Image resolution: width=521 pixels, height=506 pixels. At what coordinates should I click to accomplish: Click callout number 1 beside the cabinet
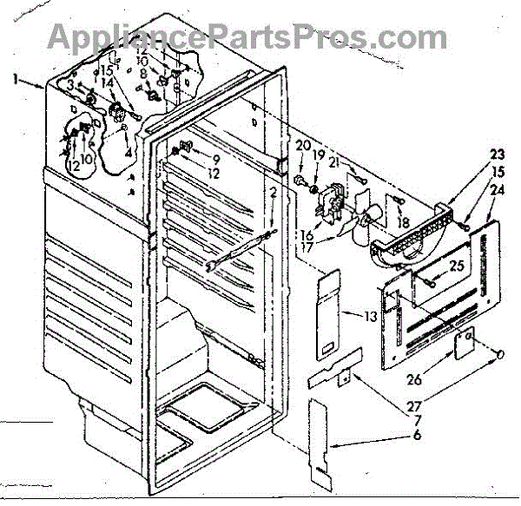coord(17,79)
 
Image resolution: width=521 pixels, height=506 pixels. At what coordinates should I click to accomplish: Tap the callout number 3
coord(70,84)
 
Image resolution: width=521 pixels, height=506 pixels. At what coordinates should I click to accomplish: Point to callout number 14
coord(107,84)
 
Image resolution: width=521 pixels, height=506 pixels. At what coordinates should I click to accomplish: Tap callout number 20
coord(303,145)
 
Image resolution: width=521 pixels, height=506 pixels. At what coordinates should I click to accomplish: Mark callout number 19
coord(318,155)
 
